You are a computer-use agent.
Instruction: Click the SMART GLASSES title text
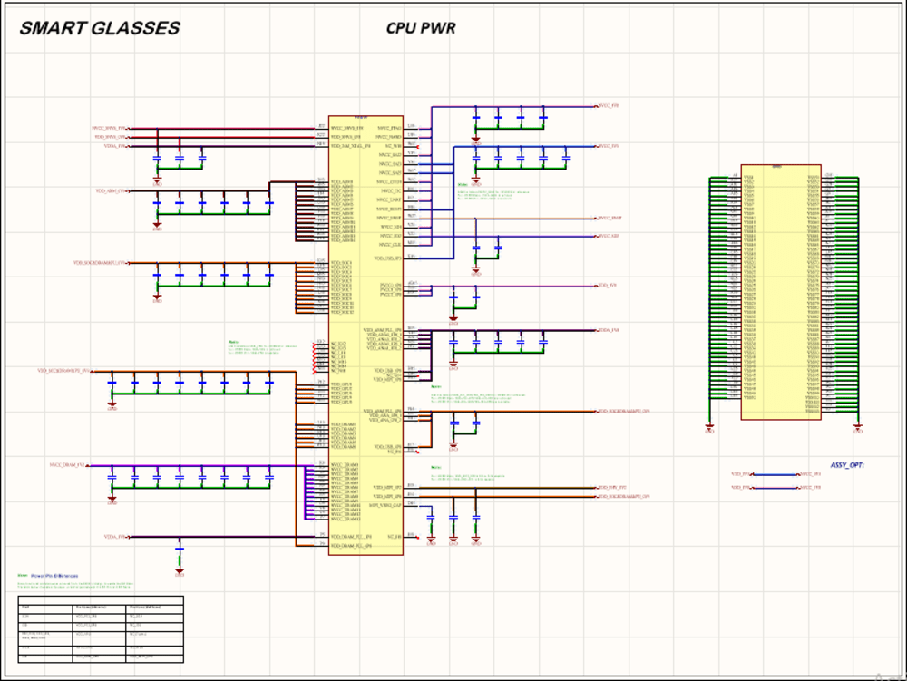pos(100,29)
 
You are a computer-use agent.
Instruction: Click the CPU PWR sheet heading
pos(421,28)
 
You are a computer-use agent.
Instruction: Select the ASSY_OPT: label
pos(847,465)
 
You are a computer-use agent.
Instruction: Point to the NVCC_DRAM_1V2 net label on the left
pos(67,465)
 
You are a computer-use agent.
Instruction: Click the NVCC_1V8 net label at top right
pos(608,106)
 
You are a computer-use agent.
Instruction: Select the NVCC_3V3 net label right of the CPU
pos(608,146)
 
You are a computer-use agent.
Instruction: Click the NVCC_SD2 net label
pos(608,237)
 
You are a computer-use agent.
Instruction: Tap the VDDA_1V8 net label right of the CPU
pos(608,331)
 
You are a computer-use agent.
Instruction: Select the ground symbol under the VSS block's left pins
pos(709,429)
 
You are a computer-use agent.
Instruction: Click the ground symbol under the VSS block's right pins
pos(858,429)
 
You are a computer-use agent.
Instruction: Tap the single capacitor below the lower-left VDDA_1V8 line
pos(180,550)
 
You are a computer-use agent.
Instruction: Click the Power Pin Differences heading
pos(54,576)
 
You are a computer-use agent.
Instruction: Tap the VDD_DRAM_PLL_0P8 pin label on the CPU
pos(352,537)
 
